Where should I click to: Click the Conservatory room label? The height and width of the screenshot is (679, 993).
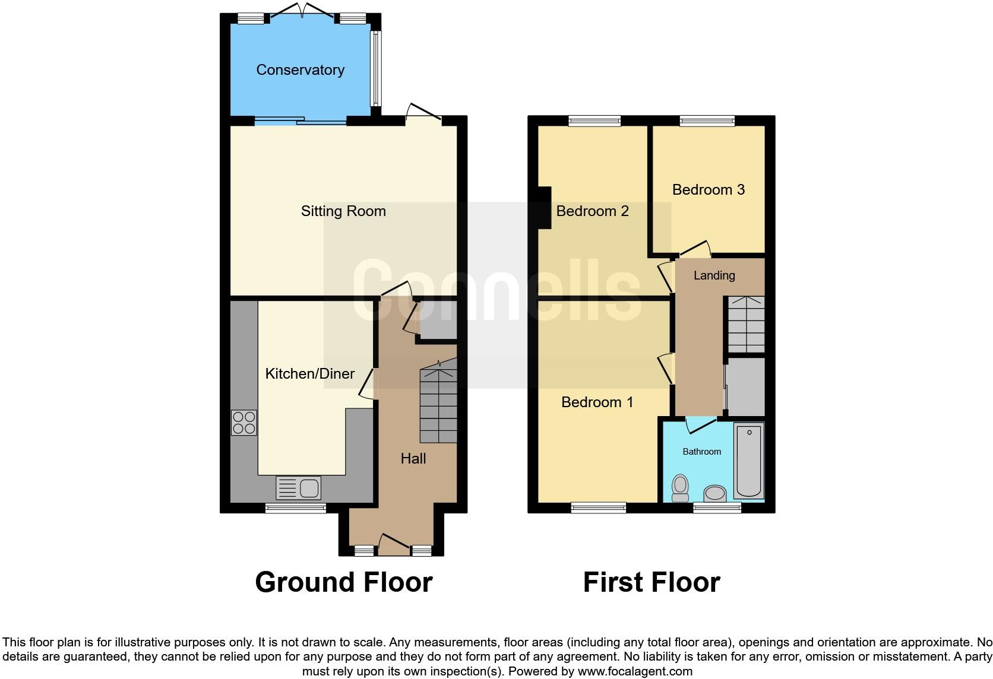(x=300, y=70)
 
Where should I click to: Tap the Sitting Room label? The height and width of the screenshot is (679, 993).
(x=343, y=211)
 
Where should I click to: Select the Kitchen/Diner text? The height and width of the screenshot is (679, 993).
(x=309, y=374)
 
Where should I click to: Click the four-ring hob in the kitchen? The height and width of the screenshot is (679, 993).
(x=244, y=423)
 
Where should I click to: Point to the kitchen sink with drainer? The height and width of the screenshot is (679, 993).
(x=298, y=488)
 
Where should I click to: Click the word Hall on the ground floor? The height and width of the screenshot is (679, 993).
(x=413, y=459)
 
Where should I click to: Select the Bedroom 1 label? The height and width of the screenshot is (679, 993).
(x=597, y=402)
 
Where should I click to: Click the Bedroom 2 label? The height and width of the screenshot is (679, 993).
(x=592, y=211)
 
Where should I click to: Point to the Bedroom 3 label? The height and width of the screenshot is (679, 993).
(x=708, y=190)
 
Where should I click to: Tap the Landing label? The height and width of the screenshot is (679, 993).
(x=714, y=275)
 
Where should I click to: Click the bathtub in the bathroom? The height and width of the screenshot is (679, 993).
(x=748, y=461)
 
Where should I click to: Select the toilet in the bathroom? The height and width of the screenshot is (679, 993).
(x=680, y=488)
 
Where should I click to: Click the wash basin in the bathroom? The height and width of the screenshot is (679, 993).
(x=714, y=493)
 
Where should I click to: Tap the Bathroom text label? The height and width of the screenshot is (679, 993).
(x=701, y=452)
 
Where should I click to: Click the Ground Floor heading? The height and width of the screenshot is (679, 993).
(x=343, y=582)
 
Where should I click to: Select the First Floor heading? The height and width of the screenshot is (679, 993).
(x=651, y=582)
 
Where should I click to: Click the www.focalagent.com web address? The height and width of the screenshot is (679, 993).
(x=635, y=672)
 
